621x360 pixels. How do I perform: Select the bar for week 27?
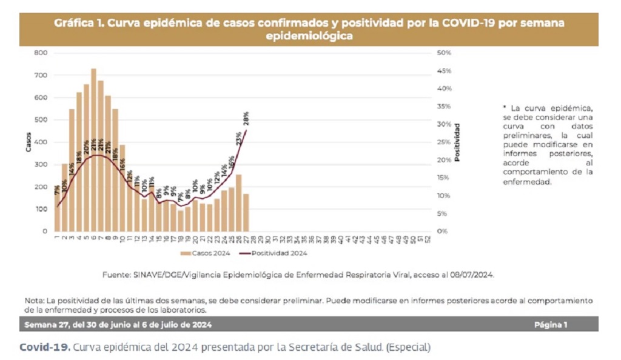coord(246,212)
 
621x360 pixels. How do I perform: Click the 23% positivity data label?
coord(239,138)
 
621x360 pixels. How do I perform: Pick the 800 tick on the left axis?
coord(41,53)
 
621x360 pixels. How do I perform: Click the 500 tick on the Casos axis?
coord(41,120)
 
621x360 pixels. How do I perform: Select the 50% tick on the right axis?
coord(444,53)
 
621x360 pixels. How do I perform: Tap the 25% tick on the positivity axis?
coord(444,142)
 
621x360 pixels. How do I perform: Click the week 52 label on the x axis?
coord(429,240)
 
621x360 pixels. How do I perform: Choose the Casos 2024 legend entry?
coord(206,253)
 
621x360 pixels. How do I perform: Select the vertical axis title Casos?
coord(28,142)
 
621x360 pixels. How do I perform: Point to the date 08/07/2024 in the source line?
coord(473,275)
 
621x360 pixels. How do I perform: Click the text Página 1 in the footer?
coord(551,325)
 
